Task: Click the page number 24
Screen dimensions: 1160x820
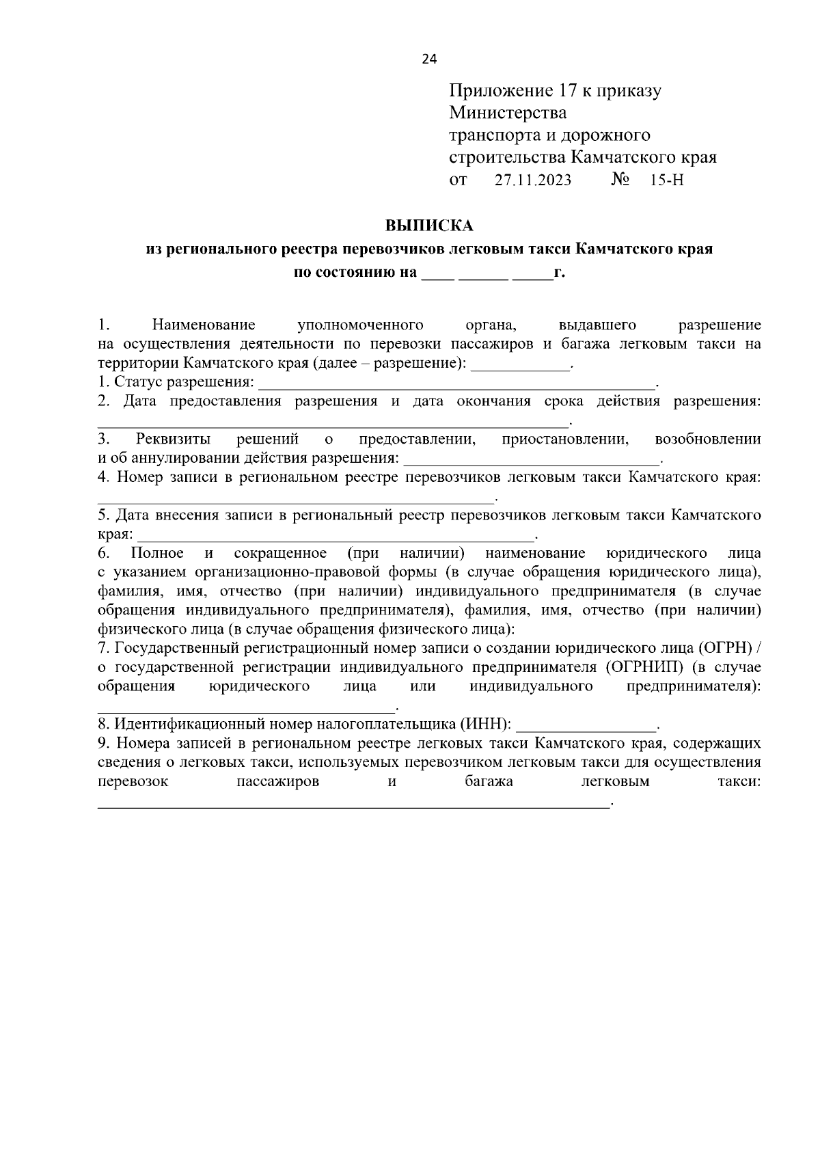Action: tap(429, 59)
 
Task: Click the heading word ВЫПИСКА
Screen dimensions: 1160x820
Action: tap(429, 225)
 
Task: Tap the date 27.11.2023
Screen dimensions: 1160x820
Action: tap(533, 180)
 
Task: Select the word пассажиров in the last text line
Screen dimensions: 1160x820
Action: tap(277, 781)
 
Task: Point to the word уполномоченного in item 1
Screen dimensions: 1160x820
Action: tap(361, 325)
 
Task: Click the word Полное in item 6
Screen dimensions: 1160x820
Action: tap(157, 552)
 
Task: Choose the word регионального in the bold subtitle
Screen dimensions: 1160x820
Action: tap(219, 249)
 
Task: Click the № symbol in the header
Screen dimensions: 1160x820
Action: tap(620, 180)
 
